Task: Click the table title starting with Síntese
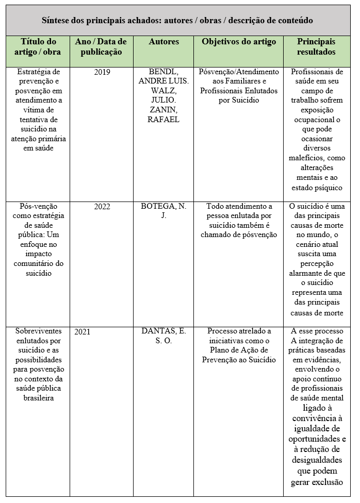177,21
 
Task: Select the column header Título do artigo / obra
39,46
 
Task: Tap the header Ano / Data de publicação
101,46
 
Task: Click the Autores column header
163,42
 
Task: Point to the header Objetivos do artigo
239,42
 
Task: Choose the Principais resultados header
316,46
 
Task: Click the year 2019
102,72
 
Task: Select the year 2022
102,207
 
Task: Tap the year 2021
82,332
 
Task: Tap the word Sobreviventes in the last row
39,331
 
